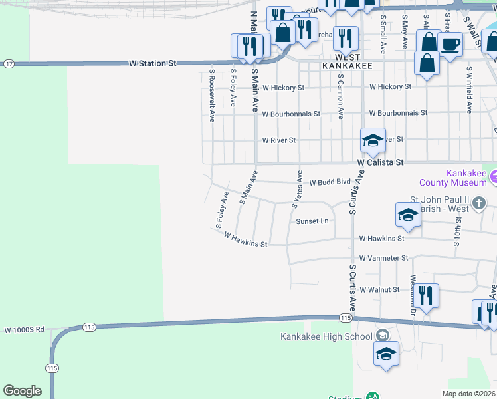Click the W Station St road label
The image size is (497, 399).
click(153, 63)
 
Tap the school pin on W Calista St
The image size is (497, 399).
click(373, 140)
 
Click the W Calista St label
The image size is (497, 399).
click(380, 162)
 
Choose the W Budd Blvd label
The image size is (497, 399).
click(330, 181)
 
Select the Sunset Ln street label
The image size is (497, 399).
click(312, 221)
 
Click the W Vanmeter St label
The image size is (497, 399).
click(383, 257)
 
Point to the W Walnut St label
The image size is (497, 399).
click(379, 290)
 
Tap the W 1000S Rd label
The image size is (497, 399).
click(24, 329)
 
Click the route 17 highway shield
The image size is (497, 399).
click(9, 64)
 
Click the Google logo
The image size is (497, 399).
click(22, 391)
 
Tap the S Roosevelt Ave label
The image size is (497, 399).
click(212, 95)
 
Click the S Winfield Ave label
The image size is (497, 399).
click(469, 90)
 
